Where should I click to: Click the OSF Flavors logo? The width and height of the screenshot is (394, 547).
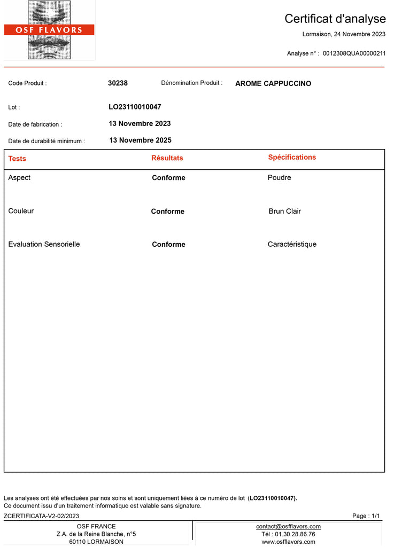49,30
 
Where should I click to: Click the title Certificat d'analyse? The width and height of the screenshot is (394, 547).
335,19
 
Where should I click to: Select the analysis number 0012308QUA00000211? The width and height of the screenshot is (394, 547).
354,53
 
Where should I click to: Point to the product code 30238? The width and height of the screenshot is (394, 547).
118,83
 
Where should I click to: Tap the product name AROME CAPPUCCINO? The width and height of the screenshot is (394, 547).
273,84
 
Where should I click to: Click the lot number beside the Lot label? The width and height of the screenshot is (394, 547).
135,107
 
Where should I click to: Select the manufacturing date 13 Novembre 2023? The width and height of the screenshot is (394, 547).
140,123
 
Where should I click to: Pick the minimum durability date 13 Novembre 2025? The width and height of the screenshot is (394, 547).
140,140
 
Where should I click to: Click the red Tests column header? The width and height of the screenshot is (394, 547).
17,159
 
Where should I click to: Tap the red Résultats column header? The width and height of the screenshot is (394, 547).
167,158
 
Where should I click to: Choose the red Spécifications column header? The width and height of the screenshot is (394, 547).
292,157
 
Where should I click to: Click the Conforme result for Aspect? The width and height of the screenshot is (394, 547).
168,178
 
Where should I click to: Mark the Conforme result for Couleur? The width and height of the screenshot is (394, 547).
167,212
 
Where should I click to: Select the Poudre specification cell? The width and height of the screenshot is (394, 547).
279,177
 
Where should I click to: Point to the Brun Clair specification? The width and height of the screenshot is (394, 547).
284,211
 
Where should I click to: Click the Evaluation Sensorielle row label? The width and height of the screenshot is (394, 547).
44,244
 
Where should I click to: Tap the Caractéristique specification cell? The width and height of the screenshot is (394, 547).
292,244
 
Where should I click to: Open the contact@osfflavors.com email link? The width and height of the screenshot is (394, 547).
288,527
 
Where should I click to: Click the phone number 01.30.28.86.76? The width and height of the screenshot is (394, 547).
295,534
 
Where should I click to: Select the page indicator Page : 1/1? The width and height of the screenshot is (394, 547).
366,516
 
